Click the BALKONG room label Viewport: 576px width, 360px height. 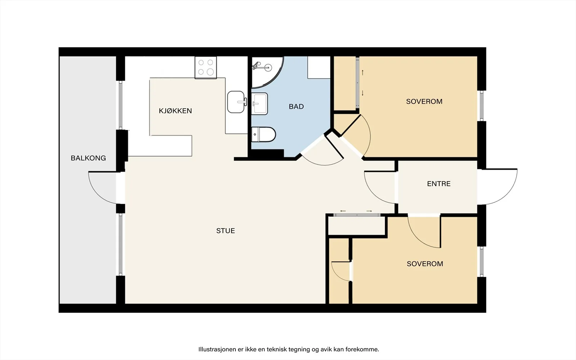pyautogui.click(x=88, y=158)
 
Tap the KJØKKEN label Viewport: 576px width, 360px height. pyautogui.click(x=175, y=111)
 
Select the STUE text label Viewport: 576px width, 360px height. pyautogui.click(x=225, y=231)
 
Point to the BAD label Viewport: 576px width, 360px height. pyautogui.click(x=296, y=107)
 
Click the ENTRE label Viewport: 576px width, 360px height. pyautogui.click(x=439, y=184)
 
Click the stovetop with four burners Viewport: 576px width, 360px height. pyautogui.click(x=206, y=67)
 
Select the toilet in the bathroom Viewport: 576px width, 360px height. pyautogui.click(x=263, y=134)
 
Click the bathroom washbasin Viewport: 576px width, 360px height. pyautogui.click(x=260, y=104)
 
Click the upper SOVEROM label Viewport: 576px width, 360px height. pyautogui.click(x=424, y=101)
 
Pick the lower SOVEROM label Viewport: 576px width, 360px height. pyautogui.click(x=425, y=264)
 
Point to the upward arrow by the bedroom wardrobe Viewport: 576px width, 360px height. pyautogui.click(x=363, y=72)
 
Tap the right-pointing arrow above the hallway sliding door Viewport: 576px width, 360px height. pyautogui.click(x=369, y=211)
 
